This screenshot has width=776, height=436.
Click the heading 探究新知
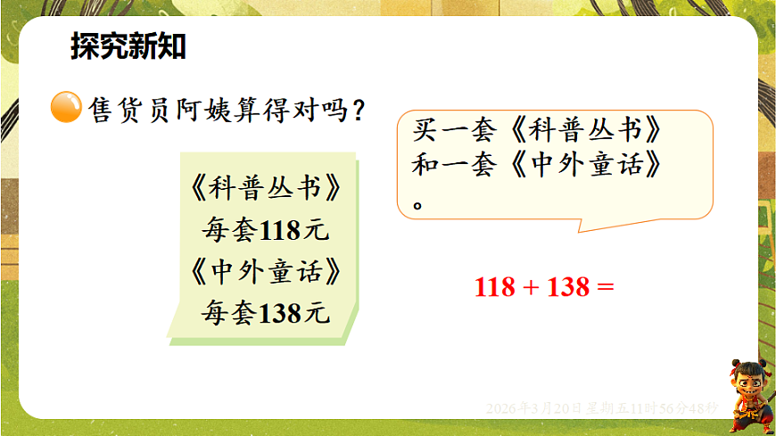pyautogui.click(x=128, y=47)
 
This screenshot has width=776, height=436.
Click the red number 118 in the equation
pyautogui.click(x=495, y=287)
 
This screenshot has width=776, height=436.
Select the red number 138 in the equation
pyautogui.click(x=570, y=287)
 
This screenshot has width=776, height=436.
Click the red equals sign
pyautogui.click(x=606, y=287)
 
